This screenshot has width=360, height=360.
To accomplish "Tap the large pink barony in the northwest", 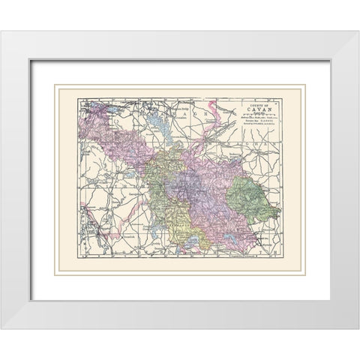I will point(112,139).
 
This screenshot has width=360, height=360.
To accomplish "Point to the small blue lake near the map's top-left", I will point(112,108).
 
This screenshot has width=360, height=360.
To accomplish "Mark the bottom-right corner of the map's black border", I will point(282,259).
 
